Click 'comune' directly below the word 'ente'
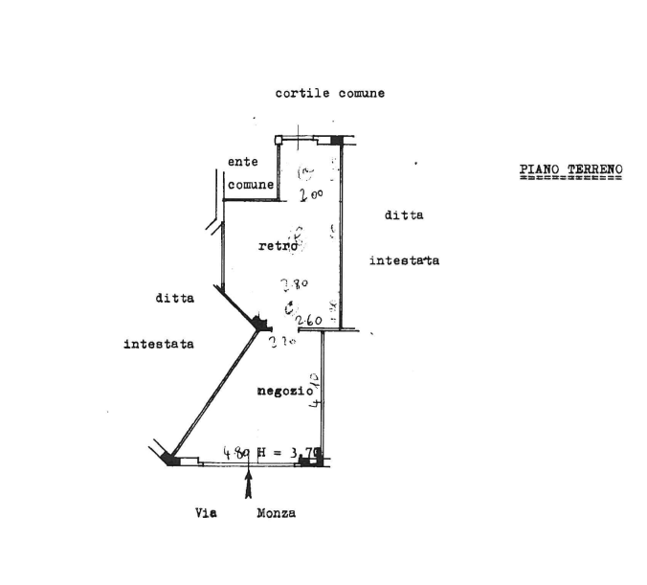point(252,183)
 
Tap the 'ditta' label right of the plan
point(404,215)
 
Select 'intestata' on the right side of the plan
point(404,260)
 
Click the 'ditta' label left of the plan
point(174,298)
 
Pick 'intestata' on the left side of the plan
point(159,344)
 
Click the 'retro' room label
point(277,246)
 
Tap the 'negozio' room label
point(284,391)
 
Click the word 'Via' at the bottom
point(207,513)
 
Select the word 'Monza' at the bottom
point(276,513)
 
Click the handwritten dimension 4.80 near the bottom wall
point(235,450)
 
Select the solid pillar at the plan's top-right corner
point(336,141)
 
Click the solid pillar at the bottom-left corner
point(171,461)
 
